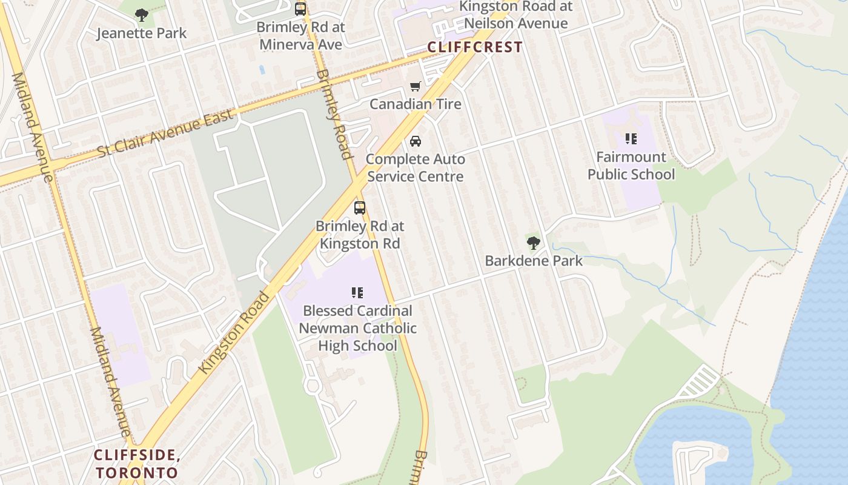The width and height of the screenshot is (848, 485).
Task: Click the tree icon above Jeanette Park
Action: pos(142,15)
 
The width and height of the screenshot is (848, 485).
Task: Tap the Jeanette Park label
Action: pos(142,33)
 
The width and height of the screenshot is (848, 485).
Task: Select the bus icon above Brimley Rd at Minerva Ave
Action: pos(300,9)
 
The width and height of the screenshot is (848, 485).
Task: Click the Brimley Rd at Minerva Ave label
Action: pos(300,36)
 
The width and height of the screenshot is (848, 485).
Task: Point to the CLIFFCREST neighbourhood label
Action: pos(475,47)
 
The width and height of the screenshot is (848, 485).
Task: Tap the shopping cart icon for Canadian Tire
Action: pos(415,87)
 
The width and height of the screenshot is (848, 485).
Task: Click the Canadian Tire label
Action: pos(416,104)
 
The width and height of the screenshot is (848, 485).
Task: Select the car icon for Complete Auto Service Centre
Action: pos(416,141)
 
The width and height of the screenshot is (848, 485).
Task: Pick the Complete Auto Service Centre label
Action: pos(416,168)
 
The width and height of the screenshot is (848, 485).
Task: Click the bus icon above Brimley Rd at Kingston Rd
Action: pos(360,208)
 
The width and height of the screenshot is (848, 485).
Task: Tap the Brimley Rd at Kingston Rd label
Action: pos(360,235)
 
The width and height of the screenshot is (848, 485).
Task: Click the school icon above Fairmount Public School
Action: pos(631,139)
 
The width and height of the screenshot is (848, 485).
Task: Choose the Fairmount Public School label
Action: pos(631,166)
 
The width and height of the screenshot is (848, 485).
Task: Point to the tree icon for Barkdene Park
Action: pos(534,243)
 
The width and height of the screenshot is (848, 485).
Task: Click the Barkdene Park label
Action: pos(534,261)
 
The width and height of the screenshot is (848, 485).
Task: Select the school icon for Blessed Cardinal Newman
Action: pos(357,293)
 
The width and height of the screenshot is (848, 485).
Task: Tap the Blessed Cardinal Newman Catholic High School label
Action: pos(358,328)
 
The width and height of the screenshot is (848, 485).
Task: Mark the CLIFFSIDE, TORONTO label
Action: pos(137,464)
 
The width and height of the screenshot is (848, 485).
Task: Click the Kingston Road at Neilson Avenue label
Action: pos(515,15)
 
